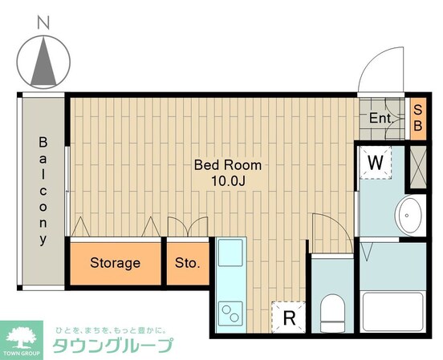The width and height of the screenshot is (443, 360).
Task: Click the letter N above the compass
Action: [x=43, y=24]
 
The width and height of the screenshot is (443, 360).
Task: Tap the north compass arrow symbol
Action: [x=43, y=62]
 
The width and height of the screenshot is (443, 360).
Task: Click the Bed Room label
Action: [x=228, y=165]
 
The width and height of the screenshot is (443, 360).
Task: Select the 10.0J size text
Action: [x=228, y=181]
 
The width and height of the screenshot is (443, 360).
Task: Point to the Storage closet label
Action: [x=115, y=263]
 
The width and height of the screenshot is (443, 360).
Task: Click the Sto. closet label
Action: [x=187, y=263]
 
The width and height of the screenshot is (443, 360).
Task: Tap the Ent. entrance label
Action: [x=380, y=119]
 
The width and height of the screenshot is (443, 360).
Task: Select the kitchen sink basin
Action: [x=230, y=254]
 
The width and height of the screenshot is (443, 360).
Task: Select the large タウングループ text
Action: [x=112, y=346]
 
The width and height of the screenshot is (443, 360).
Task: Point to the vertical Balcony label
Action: [x=43, y=191]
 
